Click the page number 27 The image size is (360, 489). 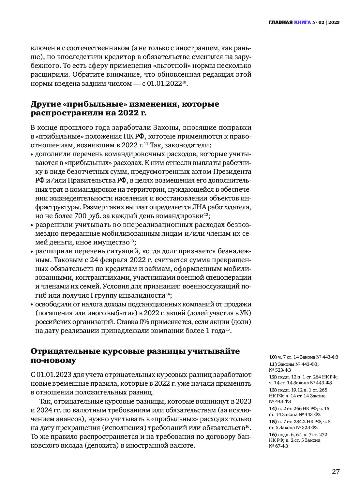click(x=336, y=472)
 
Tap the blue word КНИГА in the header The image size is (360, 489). click(x=302, y=22)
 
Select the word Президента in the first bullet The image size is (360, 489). click(x=232, y=171)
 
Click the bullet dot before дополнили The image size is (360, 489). click(x=32, y=154)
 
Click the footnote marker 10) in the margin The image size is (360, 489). click(x=273, y=357)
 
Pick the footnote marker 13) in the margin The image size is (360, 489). click(x=273, y=390)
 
